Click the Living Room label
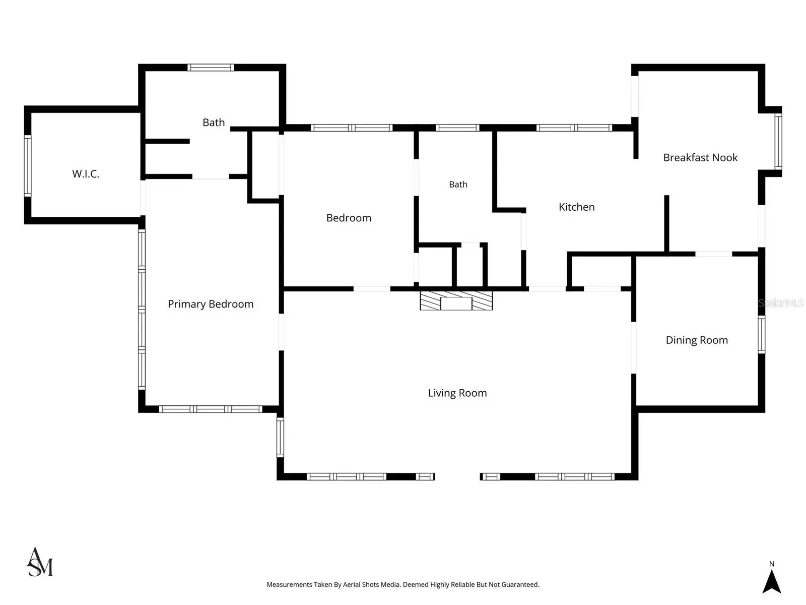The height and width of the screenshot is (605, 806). (x=457, y=393)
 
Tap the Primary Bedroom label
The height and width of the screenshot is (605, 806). (x=211, y=304)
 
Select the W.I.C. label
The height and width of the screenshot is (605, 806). (x=86, y=174)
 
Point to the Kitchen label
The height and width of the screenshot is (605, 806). (x=576, y=207)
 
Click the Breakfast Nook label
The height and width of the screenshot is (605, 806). (x=700, y=158)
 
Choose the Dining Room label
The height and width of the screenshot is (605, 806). (x=697, y=340)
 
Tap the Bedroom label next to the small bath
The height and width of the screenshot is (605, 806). (x=349, y=218)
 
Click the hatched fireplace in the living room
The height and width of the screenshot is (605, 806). (x=456, y=300)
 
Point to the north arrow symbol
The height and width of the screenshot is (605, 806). (x=771, y=582)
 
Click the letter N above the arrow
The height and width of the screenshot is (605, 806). (x=771, y=564)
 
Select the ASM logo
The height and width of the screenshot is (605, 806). (x=40, y=562)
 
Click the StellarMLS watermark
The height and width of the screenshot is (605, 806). (x=781, y=303)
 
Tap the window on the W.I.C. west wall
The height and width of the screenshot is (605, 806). (x=28, y=166)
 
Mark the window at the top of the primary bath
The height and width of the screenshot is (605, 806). (x=211, y=67)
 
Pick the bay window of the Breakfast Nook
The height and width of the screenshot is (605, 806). (x=778, y=142)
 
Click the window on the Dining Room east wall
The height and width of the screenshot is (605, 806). (x=762, y=334)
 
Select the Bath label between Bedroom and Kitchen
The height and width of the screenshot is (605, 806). (x=458, y=185)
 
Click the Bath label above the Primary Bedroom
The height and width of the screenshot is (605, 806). (x=214, y=123)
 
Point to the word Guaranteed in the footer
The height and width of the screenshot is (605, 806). (x=520, y=584)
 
